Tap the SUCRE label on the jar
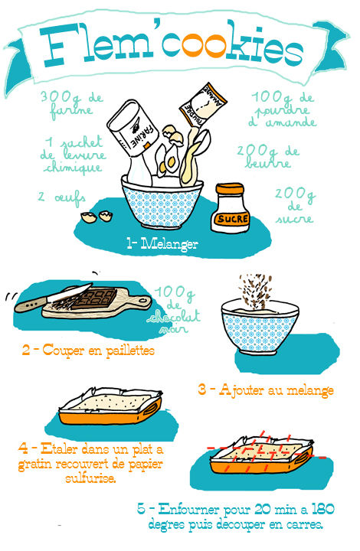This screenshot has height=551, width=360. (232, 220)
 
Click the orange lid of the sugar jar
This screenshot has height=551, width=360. (230, 189)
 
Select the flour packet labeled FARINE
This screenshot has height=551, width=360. (133, 128)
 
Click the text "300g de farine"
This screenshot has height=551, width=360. (71, 103)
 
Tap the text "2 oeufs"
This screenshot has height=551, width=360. (62, 198)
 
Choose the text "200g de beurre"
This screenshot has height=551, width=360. (268, 156)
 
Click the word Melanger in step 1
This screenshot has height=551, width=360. (169, 243)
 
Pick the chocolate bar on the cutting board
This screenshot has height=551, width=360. (94, 298)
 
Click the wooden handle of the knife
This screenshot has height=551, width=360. (31, 305)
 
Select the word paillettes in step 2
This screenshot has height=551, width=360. (130, 350)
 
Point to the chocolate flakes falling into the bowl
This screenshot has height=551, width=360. (256, 291)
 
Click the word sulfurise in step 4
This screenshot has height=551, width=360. (90, 478)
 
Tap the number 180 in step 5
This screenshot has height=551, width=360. (322, 509)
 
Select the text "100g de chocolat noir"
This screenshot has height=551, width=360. (174, 310)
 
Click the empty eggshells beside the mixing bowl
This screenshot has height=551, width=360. (97, 217)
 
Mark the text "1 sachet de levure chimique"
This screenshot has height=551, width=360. (73, 154)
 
